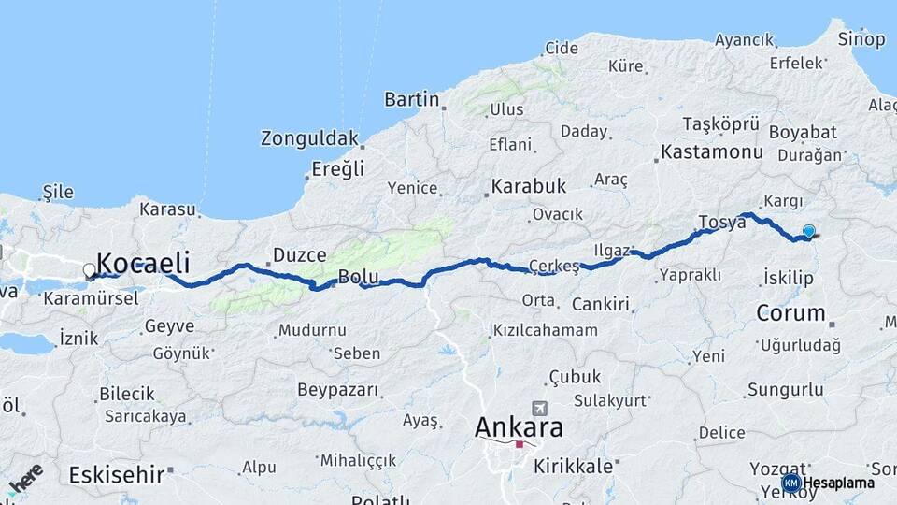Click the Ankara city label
pos(520,427)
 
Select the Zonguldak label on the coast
pos(309,139)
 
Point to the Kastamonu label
pos(712,151)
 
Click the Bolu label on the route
pos(358,277)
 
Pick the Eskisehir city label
pos(117,474)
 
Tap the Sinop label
pos(861,39)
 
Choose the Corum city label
pos(790,312)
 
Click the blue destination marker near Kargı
pos(808,232)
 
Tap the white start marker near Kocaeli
pos(89,270)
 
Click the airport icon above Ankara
pos(539,409)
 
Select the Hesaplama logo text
pos(842,483)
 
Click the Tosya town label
pos(720,223)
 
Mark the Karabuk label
pos(529,186)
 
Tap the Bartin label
pos(412,99)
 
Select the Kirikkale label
pos(573,465)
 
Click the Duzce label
pos(299,254)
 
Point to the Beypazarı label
pos(337,389)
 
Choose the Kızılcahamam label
pos(546,330)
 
